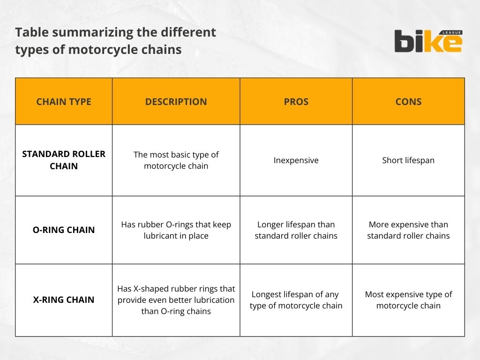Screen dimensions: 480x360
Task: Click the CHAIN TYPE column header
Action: [x=64, y=102]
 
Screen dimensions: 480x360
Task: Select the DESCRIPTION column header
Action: [x=176, y=102]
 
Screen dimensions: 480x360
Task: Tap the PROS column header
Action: [x=296, y=102]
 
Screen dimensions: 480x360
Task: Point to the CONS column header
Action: [x=408, y=102]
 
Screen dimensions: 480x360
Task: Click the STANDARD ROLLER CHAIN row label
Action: [x=64, y=160]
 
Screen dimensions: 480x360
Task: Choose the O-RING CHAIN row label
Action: [x=64, y=230]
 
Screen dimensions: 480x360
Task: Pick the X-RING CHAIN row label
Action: [x=64, y=300]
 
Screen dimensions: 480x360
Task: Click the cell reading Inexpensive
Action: [x=296, y=160]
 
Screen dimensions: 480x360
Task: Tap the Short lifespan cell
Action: [x=408, y=160]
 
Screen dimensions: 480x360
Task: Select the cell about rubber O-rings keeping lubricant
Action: [x=176, y=230]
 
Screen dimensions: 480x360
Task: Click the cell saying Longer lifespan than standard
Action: [x=296, y=230]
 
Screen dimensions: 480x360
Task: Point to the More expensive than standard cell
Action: [x=408, y=230]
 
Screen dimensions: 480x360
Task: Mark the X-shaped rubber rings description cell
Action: [x=176, y=300]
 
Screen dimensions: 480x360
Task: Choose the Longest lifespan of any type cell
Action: [x=296, y=300]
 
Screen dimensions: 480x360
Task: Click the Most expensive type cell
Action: [x=408, y=300]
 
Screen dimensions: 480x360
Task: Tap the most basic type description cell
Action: [x=176, y=160]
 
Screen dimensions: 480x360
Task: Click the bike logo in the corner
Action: [x=428, y=41]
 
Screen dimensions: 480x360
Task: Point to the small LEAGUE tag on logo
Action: [x=452, y=32]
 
